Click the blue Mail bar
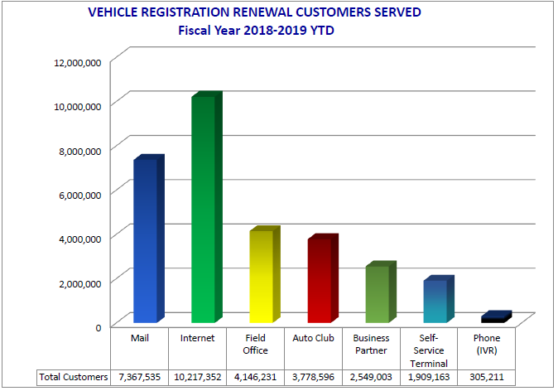tap(145, 240)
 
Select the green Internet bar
tap(203, 211)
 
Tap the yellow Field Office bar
tap(262, 278)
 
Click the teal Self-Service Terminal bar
tap(435, 302)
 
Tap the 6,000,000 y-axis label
tap(79, 194)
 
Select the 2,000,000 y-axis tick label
tap(79, 282)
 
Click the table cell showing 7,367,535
tap(139, 377)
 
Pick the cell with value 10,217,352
tap(197, 377)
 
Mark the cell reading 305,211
tap(487, 377)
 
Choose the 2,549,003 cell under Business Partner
tap(371, 377)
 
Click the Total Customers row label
tap(74, 377)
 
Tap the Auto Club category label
tap(313, 338)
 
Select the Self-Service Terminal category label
tap(429, 350)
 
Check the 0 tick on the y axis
tap(98, 326)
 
